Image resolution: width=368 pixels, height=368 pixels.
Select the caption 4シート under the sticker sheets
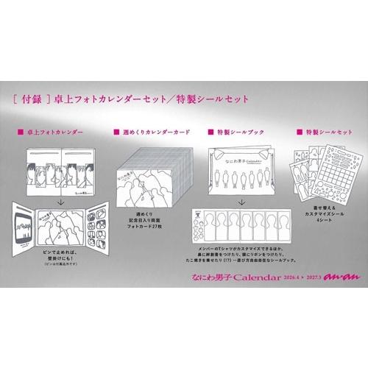click(x=324, y=222)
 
